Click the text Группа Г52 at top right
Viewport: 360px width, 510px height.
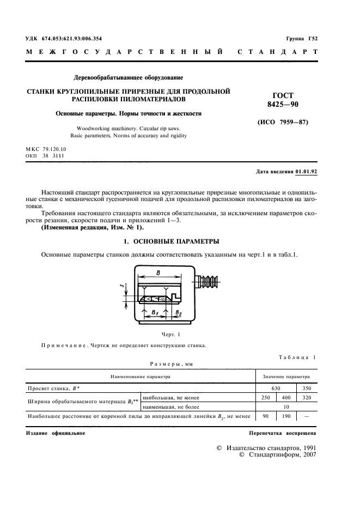pyautogui.click(x=301, y=38)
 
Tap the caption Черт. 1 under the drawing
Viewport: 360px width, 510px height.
pyautogui.click(x=170, y=333)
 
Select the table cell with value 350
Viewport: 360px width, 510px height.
pyautogui.click(x=306, y=388)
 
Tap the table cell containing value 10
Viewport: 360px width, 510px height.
pyautogui.click(x=286, y=407)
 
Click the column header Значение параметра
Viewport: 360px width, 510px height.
pyautogui.click(x=286, y=377)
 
